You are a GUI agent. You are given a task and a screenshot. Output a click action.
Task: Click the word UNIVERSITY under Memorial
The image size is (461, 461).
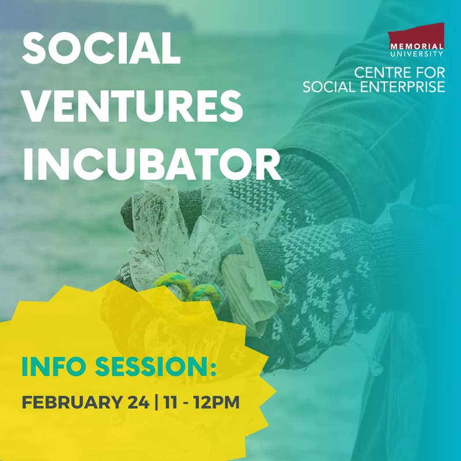tap(416, 54)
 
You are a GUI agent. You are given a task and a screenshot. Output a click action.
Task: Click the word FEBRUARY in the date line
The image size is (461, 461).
tap(70, 402)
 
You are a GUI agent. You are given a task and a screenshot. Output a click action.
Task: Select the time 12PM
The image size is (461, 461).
tap(214, 402)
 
